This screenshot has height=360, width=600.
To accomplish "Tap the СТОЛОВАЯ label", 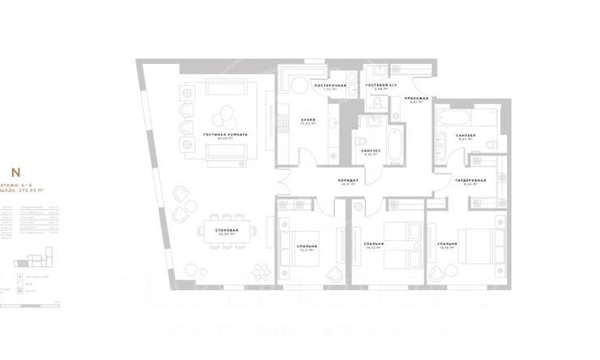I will [x=227, y=229].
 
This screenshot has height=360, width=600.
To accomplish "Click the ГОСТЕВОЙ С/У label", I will [x=378, y=84].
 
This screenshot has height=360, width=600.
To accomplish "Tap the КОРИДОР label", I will [x=349, y=180].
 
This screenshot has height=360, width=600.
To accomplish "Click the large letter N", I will [x=15, y=172].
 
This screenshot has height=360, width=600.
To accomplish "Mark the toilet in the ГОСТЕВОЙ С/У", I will [x=378, y=103].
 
